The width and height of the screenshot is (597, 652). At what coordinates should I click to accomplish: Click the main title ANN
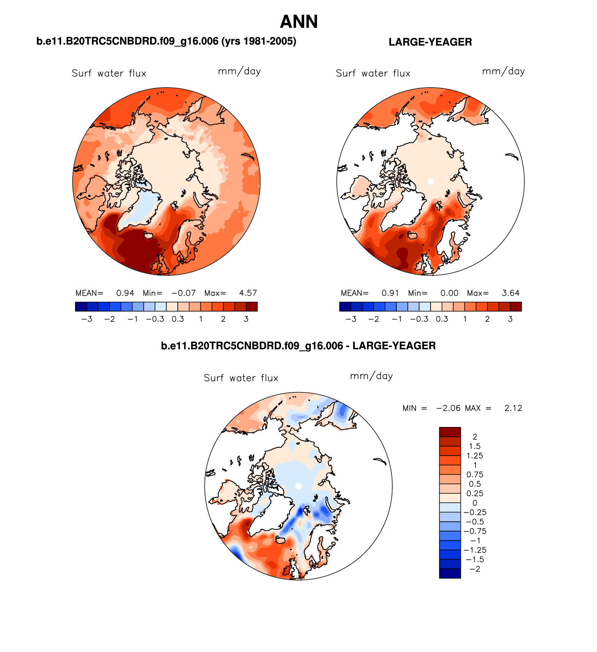tap(299, 22)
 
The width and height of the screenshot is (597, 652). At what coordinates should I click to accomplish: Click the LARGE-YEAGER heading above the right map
tap(430, 42)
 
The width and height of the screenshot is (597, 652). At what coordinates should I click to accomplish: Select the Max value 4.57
tap(248, 293)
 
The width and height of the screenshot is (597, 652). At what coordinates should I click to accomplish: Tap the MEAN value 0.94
tap(125, 293)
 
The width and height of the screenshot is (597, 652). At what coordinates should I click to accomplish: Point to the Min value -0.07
tap(183, 293)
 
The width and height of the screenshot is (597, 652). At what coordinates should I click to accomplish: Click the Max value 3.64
tap(510, 293)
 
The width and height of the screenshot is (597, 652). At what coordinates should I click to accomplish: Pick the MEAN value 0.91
tap(390, 293)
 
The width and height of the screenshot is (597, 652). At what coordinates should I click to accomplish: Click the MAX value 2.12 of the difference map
tap(513, 408)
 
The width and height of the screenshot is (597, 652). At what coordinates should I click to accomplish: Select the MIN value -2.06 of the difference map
tap(448, 408)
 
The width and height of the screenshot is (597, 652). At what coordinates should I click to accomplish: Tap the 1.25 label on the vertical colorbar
tap(475, 456)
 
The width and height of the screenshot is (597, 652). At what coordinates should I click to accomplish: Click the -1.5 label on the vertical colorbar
tap(475, 560)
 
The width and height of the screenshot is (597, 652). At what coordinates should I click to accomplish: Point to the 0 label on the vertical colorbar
tap(475, 503)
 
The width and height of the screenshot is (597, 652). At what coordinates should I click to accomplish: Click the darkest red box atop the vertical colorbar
tap(450, 432)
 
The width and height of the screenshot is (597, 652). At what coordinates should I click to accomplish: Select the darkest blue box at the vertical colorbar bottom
tap(450, 574)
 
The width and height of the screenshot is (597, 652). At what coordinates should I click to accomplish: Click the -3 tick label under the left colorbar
tap(87, 319)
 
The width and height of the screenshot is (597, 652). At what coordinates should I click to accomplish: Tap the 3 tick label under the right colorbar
tap(510, 319)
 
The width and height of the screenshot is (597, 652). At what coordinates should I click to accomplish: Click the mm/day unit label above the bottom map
tap(371, 376)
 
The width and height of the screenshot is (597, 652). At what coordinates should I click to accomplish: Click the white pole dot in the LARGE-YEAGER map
tap(430, 181)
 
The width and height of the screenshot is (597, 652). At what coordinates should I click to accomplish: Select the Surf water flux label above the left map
tap(109, 73)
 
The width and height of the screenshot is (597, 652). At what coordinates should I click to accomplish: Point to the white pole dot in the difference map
tap(298, 486)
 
